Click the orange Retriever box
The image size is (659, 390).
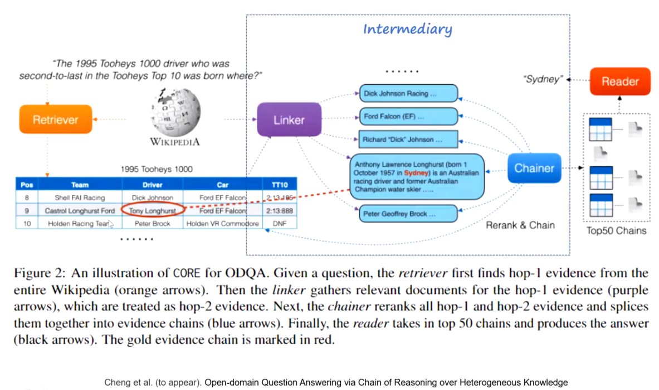[x=55, y=119]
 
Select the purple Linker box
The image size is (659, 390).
[x=289, y=119]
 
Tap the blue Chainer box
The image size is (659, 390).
[x=534, y=168]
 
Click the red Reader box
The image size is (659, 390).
[x=619, y=81]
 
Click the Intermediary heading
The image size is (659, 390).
[x=407, y=29]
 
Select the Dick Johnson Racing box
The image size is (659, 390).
[x=408, y=94]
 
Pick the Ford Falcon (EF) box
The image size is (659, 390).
[x=408, y=117]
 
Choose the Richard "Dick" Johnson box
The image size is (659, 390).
[x=408, y=139]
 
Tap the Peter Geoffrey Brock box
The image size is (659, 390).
[x=408, y=214]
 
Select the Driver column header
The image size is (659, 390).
[x=153, y=185]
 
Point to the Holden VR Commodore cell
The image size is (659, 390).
[x=222, y=224]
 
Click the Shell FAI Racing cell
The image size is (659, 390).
[x=80, y=198]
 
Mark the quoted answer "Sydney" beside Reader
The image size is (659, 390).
[x=543, y=79]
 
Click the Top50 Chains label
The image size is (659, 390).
[x=617, y=230]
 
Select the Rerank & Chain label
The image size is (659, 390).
[x=520, y=225]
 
